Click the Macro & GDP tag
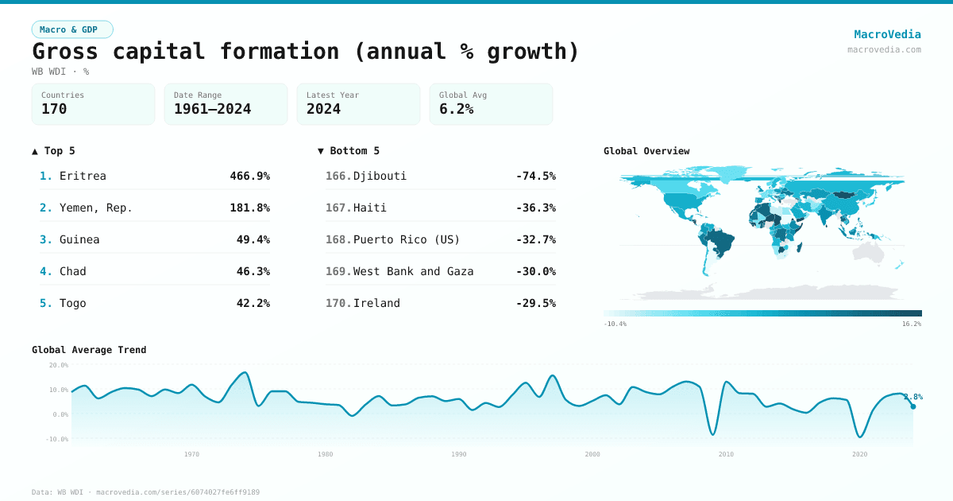tap(72, 29)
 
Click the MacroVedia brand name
tap(887, 34)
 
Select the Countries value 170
tap(54, 109)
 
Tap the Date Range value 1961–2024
tap(212, 109)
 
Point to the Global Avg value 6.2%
tap(456, 109)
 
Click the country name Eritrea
tap(83, 176)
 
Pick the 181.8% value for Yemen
tap(249, 208)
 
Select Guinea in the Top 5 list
tap(79, 239)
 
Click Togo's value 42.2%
tap(253, 303)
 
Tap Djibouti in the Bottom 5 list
tap(380, 176)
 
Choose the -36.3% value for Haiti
tap(535, 208)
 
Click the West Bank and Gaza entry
tap(413, 271)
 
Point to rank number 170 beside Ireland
tap(338, 303)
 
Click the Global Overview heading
tap(646, 151)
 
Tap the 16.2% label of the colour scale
tap(911, 324)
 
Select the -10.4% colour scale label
tap(615, 324)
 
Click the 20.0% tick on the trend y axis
tap(59, 365)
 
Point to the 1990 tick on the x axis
tap(458, 454)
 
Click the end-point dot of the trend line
tap(912, 406)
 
